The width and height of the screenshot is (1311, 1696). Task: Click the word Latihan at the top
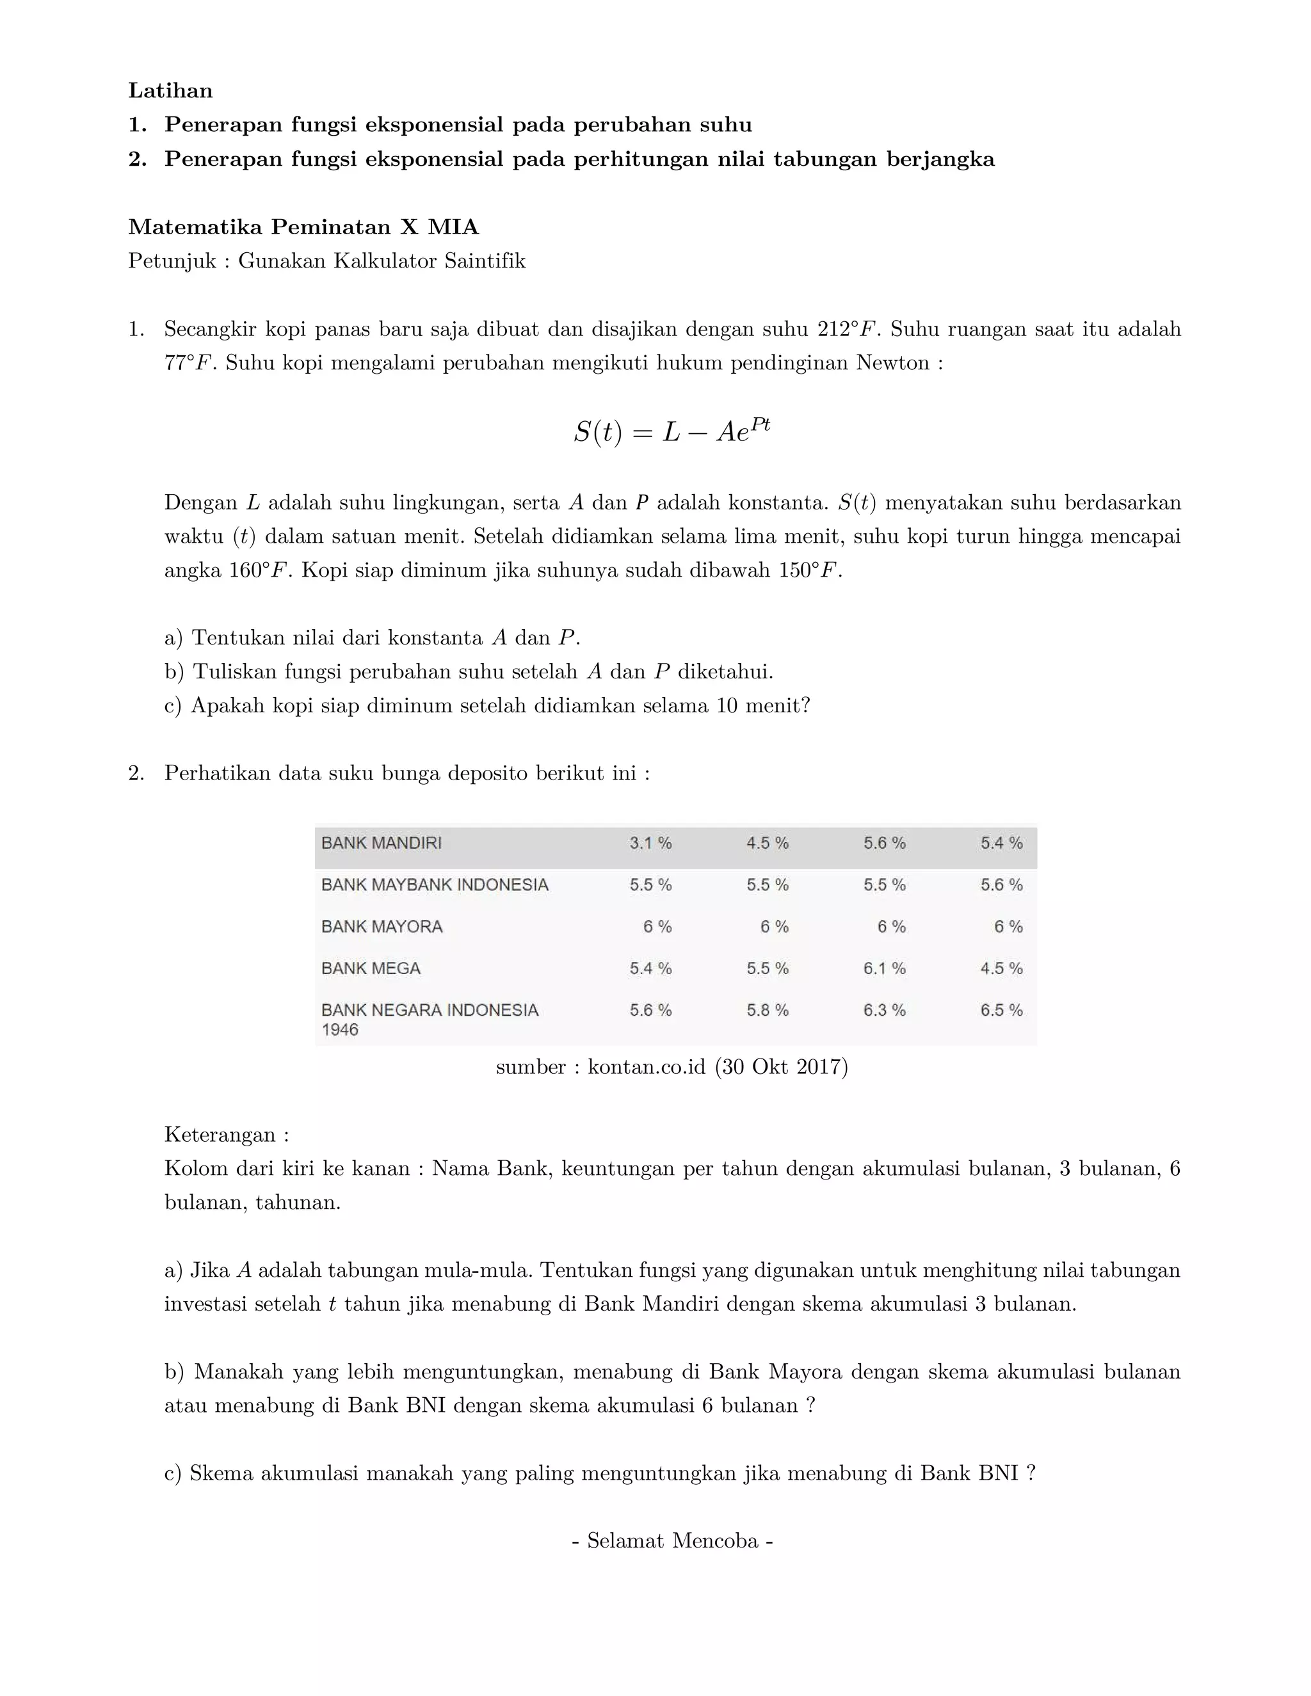point(170,91)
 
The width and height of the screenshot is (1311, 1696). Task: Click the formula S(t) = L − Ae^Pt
point(672,431)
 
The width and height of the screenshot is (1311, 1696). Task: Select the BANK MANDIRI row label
point(382,844)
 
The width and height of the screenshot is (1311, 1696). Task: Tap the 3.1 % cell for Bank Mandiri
point(650,844)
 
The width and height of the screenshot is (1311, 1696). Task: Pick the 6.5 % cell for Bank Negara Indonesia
point(1001,1011)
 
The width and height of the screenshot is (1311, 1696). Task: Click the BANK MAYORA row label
point(382,927)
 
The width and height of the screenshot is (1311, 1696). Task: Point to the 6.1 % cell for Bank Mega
point(884,969)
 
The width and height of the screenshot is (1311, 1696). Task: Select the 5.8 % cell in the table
point(768,1011)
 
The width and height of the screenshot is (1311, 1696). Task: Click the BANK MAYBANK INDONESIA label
point(434,885)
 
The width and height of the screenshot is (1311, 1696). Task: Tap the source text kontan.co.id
point(646,1067)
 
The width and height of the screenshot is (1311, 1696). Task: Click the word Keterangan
point(221,1135)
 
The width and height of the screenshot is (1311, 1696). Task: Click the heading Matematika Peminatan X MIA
point(303,227)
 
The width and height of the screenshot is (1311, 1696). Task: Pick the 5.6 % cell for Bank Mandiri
point(884,844)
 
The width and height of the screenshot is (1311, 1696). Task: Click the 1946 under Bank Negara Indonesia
point(339,1030)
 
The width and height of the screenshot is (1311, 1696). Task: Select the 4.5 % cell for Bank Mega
point(1001,969)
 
